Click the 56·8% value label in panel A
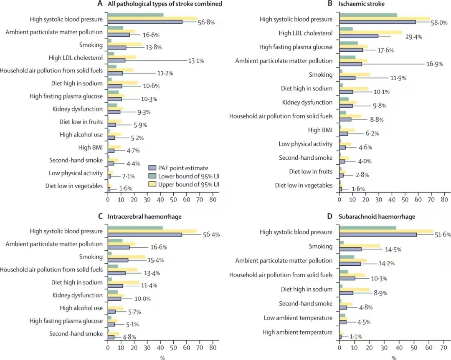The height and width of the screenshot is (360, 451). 206,23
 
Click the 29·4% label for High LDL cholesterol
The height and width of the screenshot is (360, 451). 413,37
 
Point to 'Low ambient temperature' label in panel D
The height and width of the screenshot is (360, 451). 298,318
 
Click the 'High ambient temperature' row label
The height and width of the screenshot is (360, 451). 297,332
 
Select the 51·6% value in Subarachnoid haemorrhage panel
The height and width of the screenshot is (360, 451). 441,235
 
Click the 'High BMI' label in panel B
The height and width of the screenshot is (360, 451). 320,130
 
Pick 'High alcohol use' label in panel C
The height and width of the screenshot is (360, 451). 81,308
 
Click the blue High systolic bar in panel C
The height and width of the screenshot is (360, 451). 145,235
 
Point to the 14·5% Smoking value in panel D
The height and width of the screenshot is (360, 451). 393,249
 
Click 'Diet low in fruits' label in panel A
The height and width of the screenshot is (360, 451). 81,122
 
